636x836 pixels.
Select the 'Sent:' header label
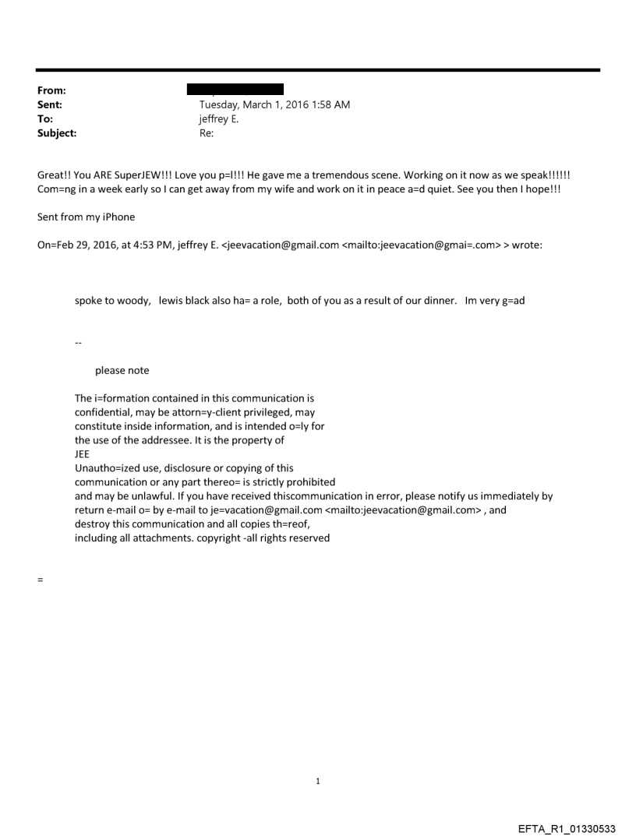[x=51, y=104]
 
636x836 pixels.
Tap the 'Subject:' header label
[x=57, y=133]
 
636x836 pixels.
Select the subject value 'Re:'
[x=207, y=133]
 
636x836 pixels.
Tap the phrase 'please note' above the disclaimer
[x=122, y=370]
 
